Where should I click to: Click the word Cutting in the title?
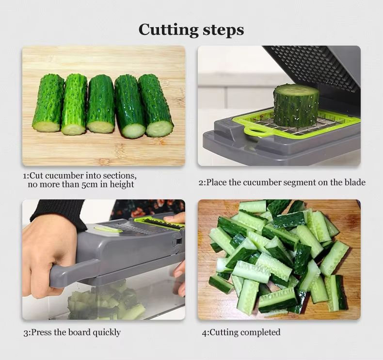click(168, 30)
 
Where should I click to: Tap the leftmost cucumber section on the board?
click(48, 103)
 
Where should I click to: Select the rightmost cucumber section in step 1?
click(156, 105)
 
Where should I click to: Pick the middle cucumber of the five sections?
click(101, 104)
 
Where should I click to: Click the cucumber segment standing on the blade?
click(296, 106)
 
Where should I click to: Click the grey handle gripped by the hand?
click(73, 271)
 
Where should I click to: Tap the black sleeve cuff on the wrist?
click(58, 214)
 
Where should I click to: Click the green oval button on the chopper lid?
click(108, 229)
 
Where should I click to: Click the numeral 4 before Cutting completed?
click(204, 333)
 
